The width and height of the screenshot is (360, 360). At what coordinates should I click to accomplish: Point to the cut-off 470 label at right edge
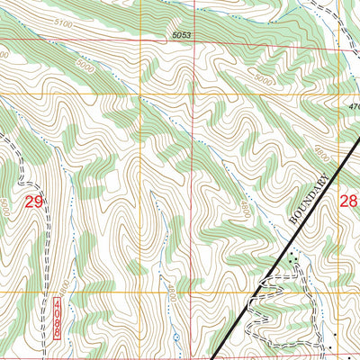[x=352, y=105]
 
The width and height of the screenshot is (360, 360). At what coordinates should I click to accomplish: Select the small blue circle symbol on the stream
[x=176, y=337]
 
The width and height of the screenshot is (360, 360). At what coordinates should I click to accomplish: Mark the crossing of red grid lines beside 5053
[x=139, y=40]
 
